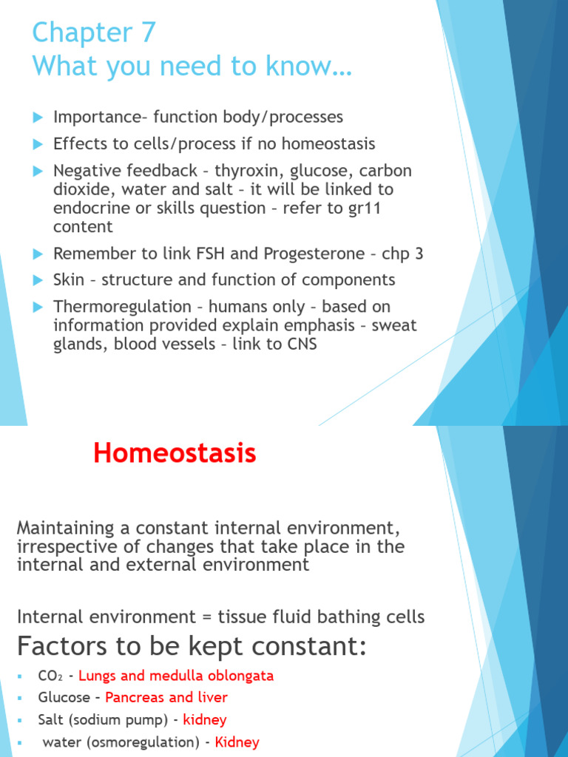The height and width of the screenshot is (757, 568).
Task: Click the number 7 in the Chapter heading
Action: (x=146, y=33)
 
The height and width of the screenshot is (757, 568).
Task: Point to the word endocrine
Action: (x=87, y=208)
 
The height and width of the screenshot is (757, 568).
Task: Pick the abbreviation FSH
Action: (x=194, y=254)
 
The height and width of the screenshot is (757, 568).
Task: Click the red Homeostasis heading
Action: (x=175, y=453)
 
